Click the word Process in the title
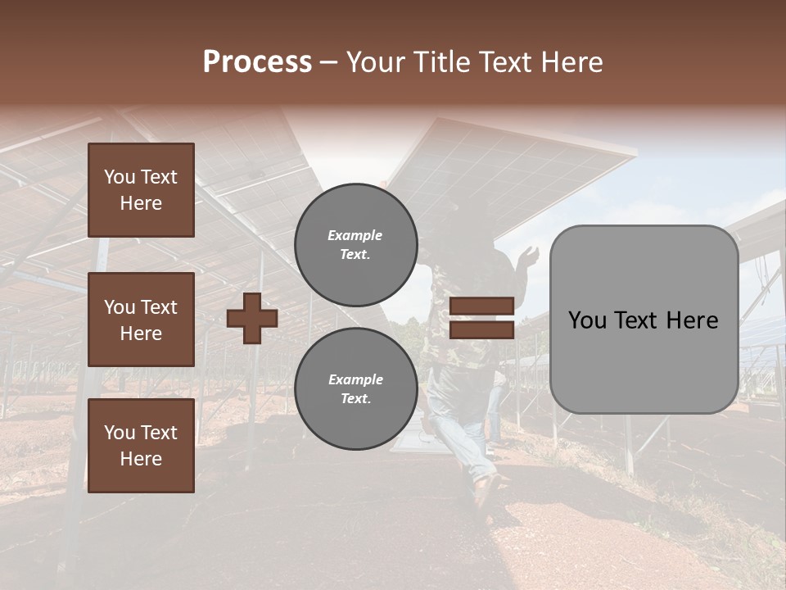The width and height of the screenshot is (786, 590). pyautogui.click(x=257, y=62)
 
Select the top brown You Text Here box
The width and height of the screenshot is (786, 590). pyautogui.click(x=141, y=190)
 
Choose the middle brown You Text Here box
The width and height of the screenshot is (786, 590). pyautogui.click(x=141, y=320)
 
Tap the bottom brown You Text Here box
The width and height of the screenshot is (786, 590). pyautogui.click(x=141, y=446)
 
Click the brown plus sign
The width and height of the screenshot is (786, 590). pyautogui.click(x=252, y=318)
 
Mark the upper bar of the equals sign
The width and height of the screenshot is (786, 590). pyautogui.click(x=481, y=306)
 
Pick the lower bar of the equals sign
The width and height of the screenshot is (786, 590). pyautogui.click(x=481, y=329)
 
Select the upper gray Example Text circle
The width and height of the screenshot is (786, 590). pyautogui.click(x=356, y=244)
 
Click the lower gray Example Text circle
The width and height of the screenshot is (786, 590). pyautogui.click(x=356, y=388)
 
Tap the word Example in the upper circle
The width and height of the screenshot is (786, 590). pyautogui.click(x=355, y=235)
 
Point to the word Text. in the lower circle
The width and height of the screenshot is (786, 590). pyautogui.click(x=355, y=398)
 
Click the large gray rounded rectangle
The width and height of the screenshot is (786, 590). pyautogui.click(x=644, y=319)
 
